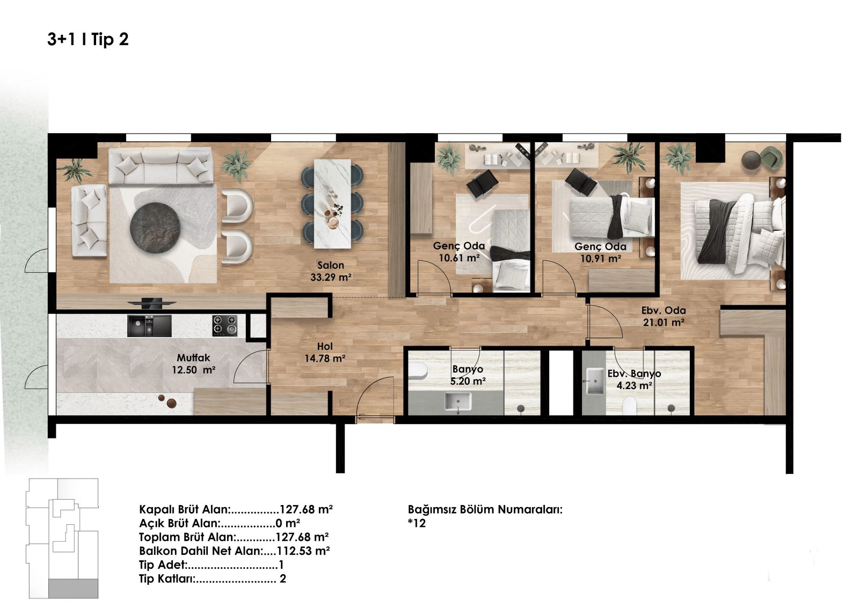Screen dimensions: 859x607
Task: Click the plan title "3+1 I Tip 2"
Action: (x=88, y=39)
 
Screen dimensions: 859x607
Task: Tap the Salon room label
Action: (x=331, y=265)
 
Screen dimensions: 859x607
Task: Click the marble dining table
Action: (x=332, y=204)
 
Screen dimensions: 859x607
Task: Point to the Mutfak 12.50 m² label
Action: (x=193, y=364)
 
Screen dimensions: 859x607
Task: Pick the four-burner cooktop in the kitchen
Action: (x=225, y=326)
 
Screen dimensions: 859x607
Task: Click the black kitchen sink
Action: (x=150, y=326)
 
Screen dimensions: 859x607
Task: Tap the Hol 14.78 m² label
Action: (x=325, y=353)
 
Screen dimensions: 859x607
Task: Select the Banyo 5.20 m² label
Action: (x=468, y=375)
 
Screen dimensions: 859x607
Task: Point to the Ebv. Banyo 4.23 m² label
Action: (x=634, y=379)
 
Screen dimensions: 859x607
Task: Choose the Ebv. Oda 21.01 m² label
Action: (x=664, y=316)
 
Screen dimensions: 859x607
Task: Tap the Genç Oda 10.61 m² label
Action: (x=459, y=252)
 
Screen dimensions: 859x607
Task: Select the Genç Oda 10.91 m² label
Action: (x=601, y=252)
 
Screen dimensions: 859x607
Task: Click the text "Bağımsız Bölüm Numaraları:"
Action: (x=485, y=509)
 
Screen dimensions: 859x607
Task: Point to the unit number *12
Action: (x=417, y=523)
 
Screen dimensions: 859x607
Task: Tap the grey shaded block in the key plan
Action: (x=73, y=588)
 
